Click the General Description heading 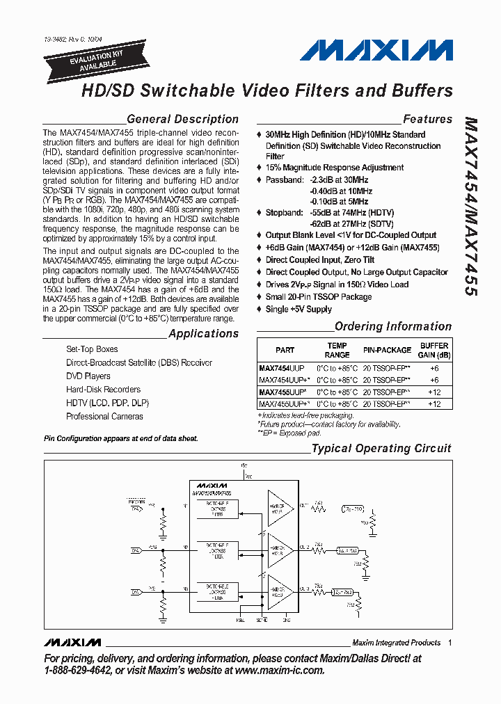tap(182, 119)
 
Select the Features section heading tap(427, 119)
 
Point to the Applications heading tap(203, 333)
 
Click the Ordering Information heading tap(393, 326)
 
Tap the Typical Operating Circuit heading tap(381, 449)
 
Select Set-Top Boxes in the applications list tap(92, 349)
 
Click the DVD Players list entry tap(88, 376)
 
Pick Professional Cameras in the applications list tap(104, 417)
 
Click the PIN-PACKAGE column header tap(387, 350)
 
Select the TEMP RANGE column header tap(337, 350)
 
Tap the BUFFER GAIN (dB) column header tap(434, 350)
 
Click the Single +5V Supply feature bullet tap(299, 310)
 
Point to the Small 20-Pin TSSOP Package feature tap(319, 297)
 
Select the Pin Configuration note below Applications tap(120, 438)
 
